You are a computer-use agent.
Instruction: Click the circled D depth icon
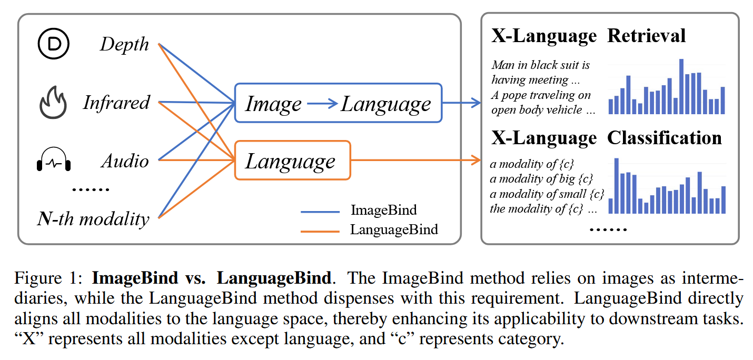tap(53, 44)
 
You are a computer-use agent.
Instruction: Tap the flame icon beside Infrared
tap(53, 104)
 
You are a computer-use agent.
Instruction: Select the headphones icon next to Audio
tap(53, 161)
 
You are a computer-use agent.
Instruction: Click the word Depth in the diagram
tap(125, 45)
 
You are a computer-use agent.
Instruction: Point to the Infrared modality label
tap(116, 103)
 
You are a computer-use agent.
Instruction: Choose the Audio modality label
tap(125, 161)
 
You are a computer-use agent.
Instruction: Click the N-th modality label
tap(93, 218)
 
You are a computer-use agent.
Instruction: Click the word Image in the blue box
tap(273, 104)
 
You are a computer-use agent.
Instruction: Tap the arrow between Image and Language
tap(322, 104)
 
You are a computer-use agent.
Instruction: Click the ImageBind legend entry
tap(383, 211)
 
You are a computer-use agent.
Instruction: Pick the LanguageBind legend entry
tap(394, 230)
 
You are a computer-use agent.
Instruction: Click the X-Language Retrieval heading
tap(588, 36)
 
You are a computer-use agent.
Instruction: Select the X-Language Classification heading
tap(606, 138)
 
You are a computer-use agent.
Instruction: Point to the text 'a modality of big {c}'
tap(541, 179)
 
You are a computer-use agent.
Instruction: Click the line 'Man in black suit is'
tap(540, 65)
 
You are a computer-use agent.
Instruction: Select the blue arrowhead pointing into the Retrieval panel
tap(477, 103)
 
